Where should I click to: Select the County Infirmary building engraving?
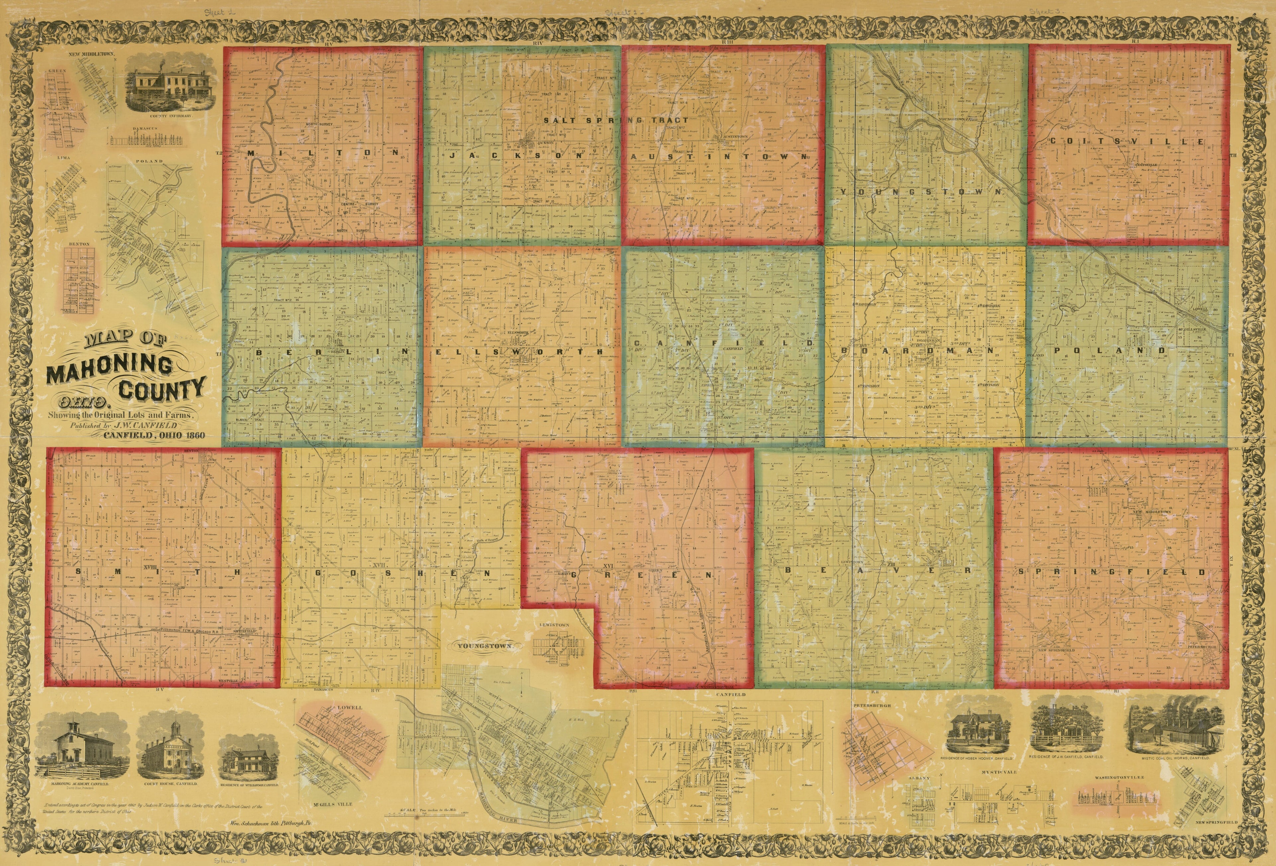point(163,89)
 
